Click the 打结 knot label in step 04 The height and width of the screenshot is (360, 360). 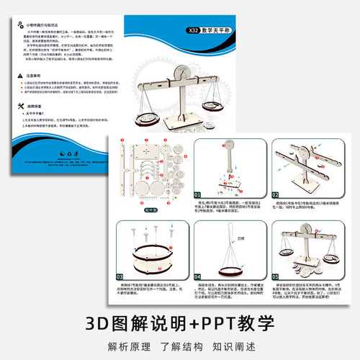240,235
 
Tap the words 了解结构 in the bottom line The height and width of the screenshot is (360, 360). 180,345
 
